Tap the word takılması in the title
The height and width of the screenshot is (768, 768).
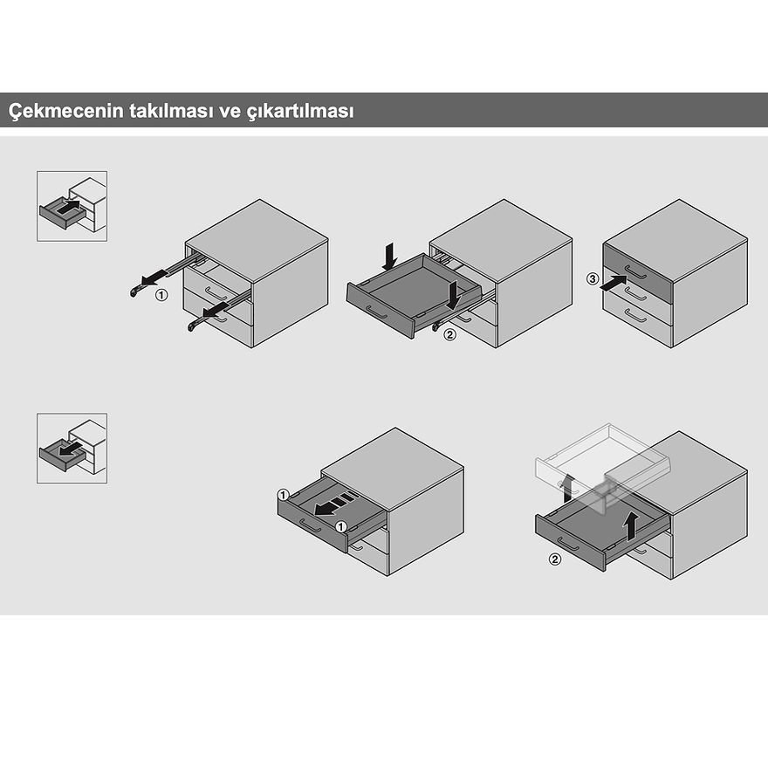tap(171, 110)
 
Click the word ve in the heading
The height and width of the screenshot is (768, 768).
tap(230, 112)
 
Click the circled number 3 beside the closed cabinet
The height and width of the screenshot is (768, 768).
tap(593, 279)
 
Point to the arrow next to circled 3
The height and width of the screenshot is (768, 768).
tap(614, 284)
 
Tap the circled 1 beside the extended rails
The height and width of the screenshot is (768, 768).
tap(161, 295)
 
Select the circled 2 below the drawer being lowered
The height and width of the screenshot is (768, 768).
tap(449, 335)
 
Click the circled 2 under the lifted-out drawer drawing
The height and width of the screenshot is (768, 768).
tap(554, 559)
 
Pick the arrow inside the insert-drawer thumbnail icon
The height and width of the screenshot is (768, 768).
tap(68, 206)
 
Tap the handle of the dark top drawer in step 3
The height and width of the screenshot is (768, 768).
tap(635, 271)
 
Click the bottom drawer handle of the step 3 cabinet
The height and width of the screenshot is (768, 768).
tap(635, 317)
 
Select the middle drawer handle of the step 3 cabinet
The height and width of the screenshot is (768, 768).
tap(635, 295)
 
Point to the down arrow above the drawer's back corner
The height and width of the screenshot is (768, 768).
tap(390, 257)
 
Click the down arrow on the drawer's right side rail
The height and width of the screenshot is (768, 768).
tap(455, 295)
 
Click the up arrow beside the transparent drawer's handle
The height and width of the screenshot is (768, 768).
tap(567, 488)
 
